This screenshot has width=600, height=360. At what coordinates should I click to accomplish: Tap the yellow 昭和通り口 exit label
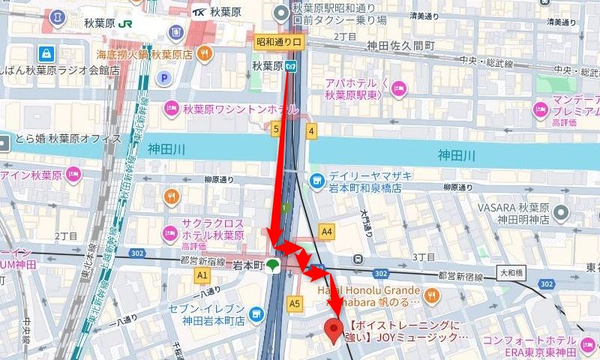[x=279, y=43]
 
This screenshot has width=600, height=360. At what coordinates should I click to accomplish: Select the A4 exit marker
[x=326, y=232]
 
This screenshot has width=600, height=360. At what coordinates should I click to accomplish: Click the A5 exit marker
[x=294, y=304]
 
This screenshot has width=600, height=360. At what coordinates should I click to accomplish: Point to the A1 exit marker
[x=201, y=276]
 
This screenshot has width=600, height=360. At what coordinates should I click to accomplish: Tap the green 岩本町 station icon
[x=273, y=265]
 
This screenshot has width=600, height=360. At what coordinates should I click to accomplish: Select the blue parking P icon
[x=163, y=77]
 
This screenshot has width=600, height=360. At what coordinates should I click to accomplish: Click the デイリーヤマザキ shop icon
[x=317, y=181]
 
